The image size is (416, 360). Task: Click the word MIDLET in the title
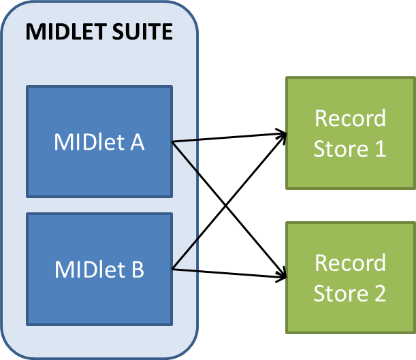62,32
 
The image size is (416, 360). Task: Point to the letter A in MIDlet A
135,144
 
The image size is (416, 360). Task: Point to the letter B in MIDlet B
136,270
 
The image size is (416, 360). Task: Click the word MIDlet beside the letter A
87,144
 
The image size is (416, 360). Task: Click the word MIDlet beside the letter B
87,270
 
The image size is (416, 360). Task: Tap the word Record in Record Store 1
350,118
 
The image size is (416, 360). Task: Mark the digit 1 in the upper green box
379,149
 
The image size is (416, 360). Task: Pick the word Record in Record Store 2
350,263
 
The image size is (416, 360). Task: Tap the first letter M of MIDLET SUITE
34,32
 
